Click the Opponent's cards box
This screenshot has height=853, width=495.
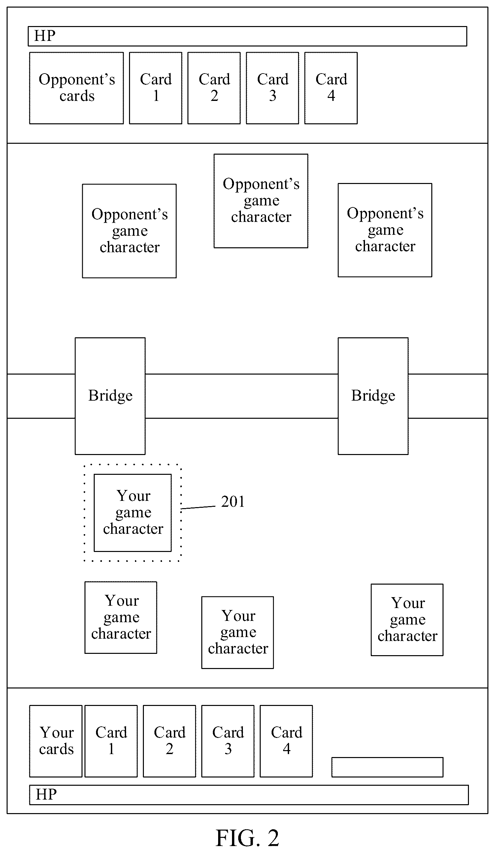pos(77,88)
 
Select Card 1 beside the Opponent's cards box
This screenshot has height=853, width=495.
pos(156,88)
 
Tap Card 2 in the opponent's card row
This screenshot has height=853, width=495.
pos(214,88)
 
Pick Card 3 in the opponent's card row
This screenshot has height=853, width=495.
pos(273,88)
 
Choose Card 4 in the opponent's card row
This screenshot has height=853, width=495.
pos(331,88)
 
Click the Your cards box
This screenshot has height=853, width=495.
pos(56,741)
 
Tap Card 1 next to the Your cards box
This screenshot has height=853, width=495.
pos(111,741)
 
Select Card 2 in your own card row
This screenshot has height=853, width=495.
pos(169,741)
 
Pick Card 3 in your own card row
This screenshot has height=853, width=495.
pos(228,741)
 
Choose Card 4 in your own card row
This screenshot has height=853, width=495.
pos(286,741)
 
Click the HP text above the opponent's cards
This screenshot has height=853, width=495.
pos(45,36)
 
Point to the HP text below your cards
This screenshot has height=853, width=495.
pos(47,794)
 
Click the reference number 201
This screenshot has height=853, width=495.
pos(233,502)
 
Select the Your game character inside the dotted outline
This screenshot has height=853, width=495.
pos(133,513)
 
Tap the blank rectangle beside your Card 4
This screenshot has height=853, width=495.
pos(387,767)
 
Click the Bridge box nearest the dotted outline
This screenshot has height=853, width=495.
pos(110,396)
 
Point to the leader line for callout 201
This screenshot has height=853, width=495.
pos(198,507)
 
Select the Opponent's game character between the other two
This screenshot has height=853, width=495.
pos(261,201)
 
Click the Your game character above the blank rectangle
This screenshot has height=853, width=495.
pos(407,620)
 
